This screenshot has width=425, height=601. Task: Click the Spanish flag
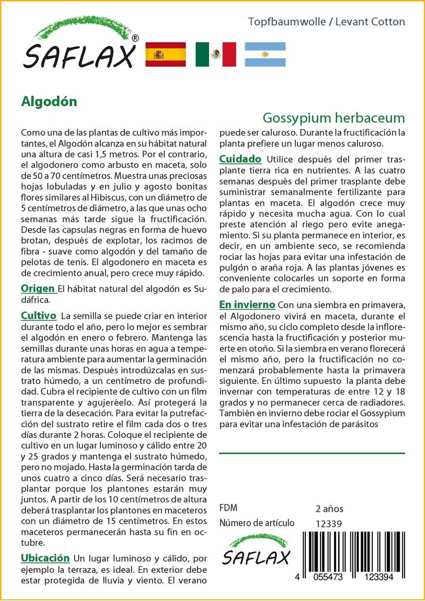165,55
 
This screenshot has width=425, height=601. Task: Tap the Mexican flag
215,55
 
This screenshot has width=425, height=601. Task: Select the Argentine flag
265,55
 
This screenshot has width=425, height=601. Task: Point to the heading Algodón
49,101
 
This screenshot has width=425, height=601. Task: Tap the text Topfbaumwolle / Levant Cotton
326,22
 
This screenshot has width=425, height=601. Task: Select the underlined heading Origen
38,288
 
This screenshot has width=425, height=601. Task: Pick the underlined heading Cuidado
240,159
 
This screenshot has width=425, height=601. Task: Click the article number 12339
328,524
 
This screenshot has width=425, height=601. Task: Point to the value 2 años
329,508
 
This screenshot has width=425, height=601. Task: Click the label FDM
228,508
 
